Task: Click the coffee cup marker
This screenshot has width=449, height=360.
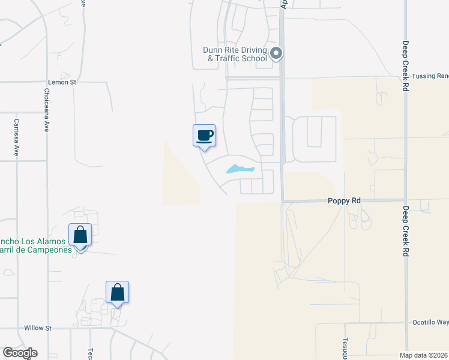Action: [204, 135]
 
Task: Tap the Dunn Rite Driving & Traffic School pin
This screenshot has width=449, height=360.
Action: [276, 54]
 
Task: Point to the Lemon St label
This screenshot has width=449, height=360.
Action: [62, 82]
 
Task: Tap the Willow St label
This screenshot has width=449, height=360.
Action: [38, 328]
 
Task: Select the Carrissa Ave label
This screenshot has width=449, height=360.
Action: [17, 137]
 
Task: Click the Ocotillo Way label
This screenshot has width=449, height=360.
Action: [430, 322]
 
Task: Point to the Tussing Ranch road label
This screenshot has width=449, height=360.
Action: [430, 76]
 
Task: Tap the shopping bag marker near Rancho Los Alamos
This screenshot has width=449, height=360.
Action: [80, 235]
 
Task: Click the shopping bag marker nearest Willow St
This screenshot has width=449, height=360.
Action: [118, 292]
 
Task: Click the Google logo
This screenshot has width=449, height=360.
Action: [20, 353]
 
